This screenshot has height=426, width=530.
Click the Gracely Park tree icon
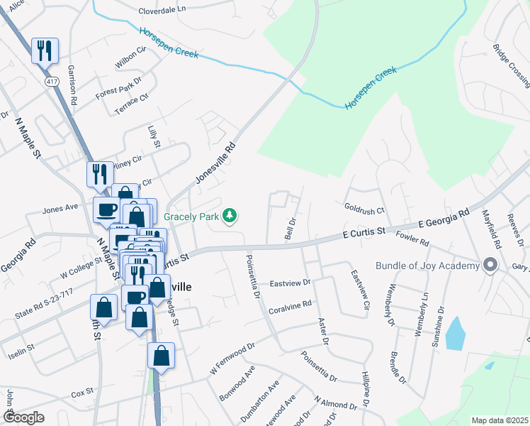(230, 214)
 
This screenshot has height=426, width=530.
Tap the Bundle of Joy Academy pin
(490, 266)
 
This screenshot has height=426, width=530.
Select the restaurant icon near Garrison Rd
(45, 50)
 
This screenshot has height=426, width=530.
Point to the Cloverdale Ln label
(162, 11)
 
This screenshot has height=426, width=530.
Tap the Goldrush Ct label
(364, 210)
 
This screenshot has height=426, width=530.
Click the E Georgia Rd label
(444, 217)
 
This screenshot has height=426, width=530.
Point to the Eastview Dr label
(290, 283)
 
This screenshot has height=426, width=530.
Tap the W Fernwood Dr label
(232, 360)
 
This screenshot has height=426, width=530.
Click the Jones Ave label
(60, 209)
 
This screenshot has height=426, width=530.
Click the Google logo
(24, 418)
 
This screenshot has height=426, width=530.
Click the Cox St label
(82, 391)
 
